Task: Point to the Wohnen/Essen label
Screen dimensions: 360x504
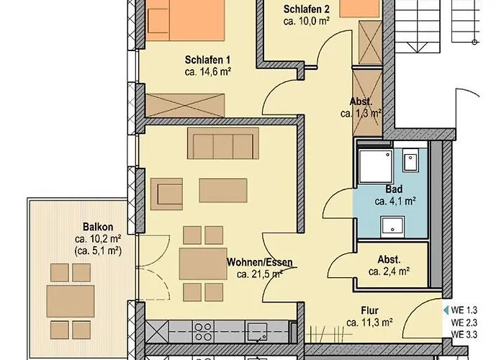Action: (260, 263)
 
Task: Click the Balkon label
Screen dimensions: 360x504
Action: (96, 225)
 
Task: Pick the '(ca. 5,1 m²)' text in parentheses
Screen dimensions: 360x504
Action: (96, 250)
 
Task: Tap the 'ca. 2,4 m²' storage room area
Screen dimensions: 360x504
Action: (389, 271)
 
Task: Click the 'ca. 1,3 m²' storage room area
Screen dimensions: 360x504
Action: (361, 113)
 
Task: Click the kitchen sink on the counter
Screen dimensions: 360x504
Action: (258, 332)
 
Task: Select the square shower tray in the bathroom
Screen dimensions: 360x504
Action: (375, 166)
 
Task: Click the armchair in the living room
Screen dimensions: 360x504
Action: (170, 193)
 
